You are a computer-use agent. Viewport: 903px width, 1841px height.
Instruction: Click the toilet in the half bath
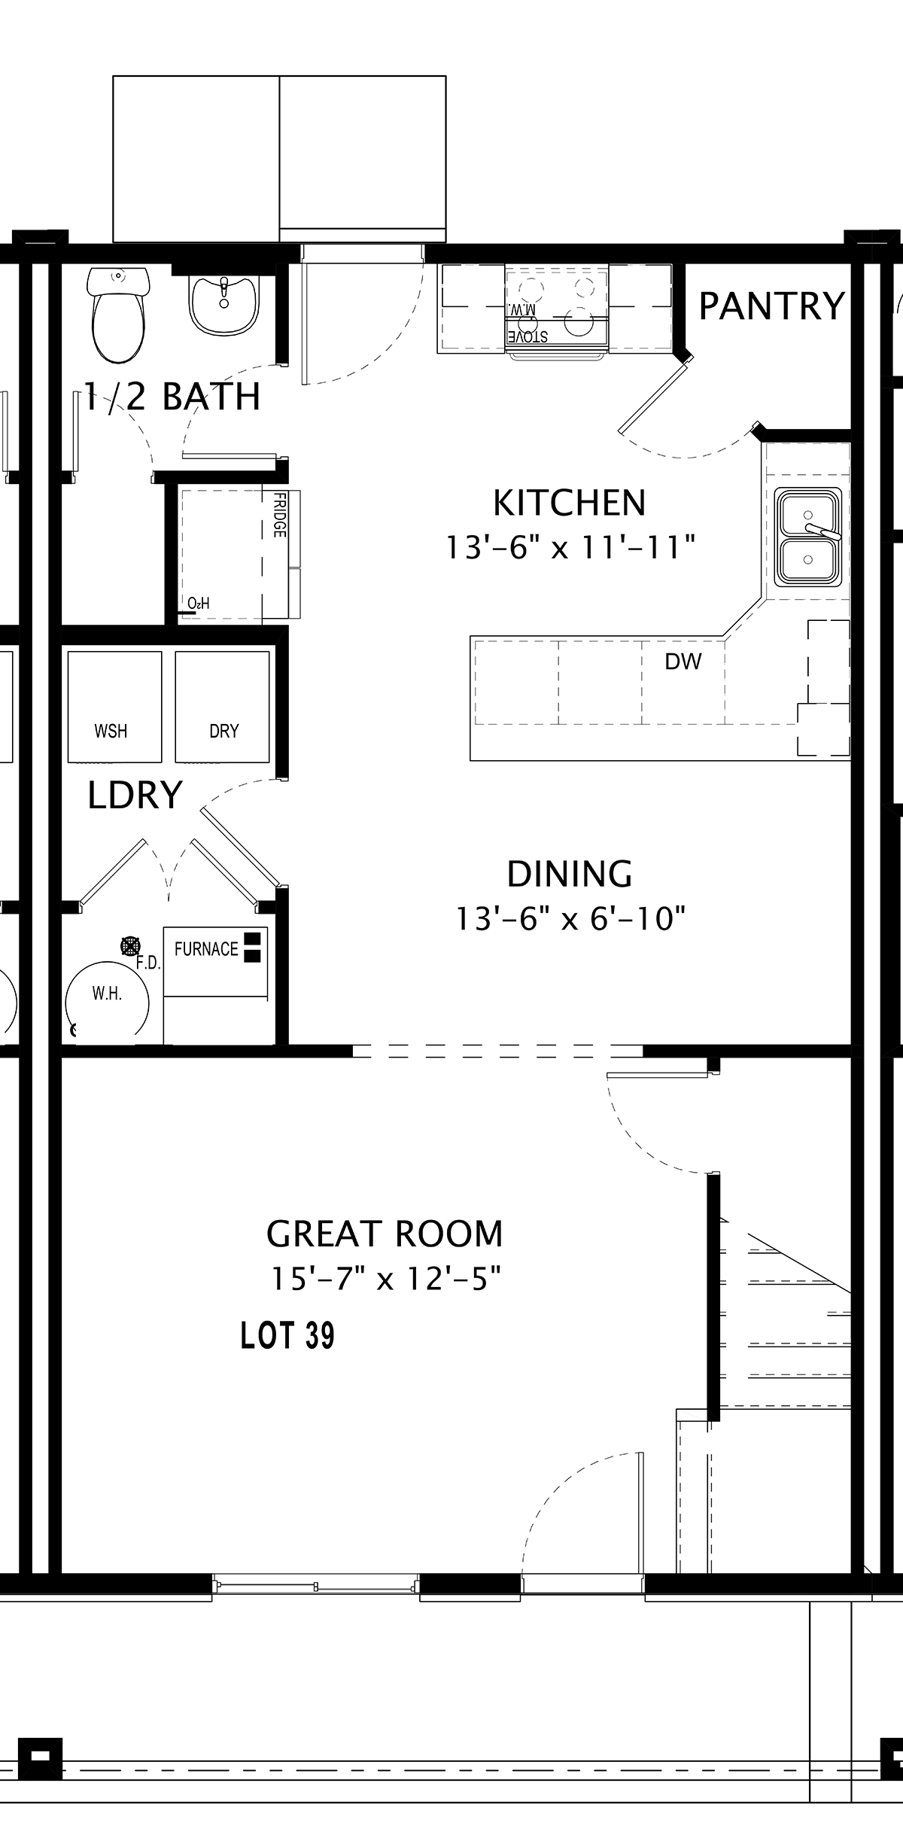coord(117,315)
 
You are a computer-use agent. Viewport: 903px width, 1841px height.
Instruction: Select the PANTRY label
coord(772,306)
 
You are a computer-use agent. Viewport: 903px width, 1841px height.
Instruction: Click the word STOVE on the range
coord(528,336)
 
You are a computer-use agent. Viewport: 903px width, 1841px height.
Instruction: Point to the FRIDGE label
coord(279,515)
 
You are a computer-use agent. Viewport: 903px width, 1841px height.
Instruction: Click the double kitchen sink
coord(808,536)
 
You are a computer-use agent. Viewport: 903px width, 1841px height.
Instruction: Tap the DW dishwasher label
coord(683,662)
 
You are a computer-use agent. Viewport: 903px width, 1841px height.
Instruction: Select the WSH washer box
coord(114,707)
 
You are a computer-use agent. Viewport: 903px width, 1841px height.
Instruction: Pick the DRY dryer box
coord(222,707)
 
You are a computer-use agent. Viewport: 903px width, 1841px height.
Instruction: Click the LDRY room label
coord(135,795)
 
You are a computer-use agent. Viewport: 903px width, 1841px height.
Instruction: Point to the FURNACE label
coord(206,949)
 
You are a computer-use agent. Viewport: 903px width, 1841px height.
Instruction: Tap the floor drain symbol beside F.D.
coord(130,945)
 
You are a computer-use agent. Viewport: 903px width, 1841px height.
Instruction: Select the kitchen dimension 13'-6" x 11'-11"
coord(570,547)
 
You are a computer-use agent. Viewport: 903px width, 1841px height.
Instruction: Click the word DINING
coord(570,874)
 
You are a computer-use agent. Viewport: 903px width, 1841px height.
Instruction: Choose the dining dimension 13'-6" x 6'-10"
coord(571,918)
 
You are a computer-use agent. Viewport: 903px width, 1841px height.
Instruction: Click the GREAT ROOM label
coord(385,1234)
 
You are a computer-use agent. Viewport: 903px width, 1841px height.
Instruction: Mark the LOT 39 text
coord(287,1335)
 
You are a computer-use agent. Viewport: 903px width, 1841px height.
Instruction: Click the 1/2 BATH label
coord(172,397)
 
